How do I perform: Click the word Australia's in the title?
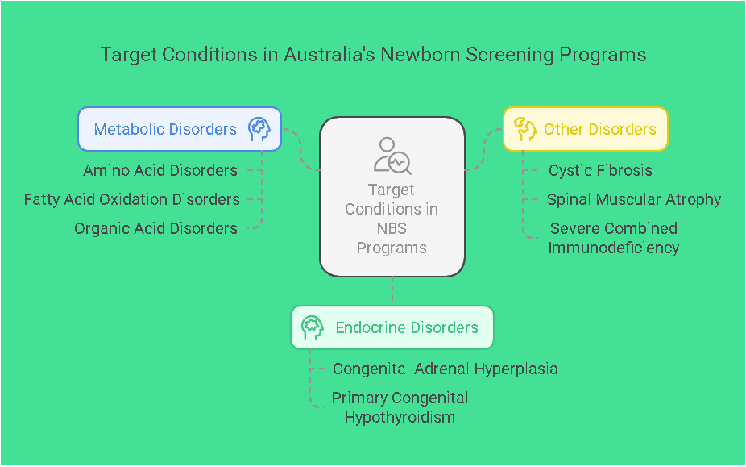pyautogui.click(x=329, y=54)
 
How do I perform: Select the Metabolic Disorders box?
pyautogui.click(x=180, y=129)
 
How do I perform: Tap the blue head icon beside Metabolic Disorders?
pyautogui.click(x=259, y=129)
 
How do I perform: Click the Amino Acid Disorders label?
pyautogui.click(x=160, y=170)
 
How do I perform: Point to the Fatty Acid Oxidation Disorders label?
pyautogui.click(x=132, y=199)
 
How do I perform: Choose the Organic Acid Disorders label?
pyautogui.click(x=155, y=228)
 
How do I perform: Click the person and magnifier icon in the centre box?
pyautogui.click(x=392, y=156)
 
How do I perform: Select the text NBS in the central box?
pyautogui.click(x=392, y=228)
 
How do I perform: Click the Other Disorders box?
pyautogui.click(x=586, y=129)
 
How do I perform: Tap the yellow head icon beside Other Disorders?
pyautogui.click(x=525, y=129)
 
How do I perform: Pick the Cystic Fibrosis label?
pyautogui.click(x=600, y=170)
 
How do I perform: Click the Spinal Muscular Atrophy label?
pyautogui.click(x=634, y=199)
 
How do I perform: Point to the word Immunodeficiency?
pyautogui.click(x=613, y=248)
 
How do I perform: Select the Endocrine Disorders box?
pyautogui.click(x=392, y=327)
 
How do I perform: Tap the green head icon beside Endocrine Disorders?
pyautogui.click(x=313, y=327)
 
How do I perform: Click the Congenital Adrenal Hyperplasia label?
pyautogui.click(x=445, y=369)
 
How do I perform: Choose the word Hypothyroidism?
pyautogui.click(x=400, y=418)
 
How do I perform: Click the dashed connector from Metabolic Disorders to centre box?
pyautogui.click(x=300, y=148)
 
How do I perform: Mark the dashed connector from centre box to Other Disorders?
pyautogui.click(x=484, y=148)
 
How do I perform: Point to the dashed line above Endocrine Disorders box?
pyautogui.click(x=392, y=289)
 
